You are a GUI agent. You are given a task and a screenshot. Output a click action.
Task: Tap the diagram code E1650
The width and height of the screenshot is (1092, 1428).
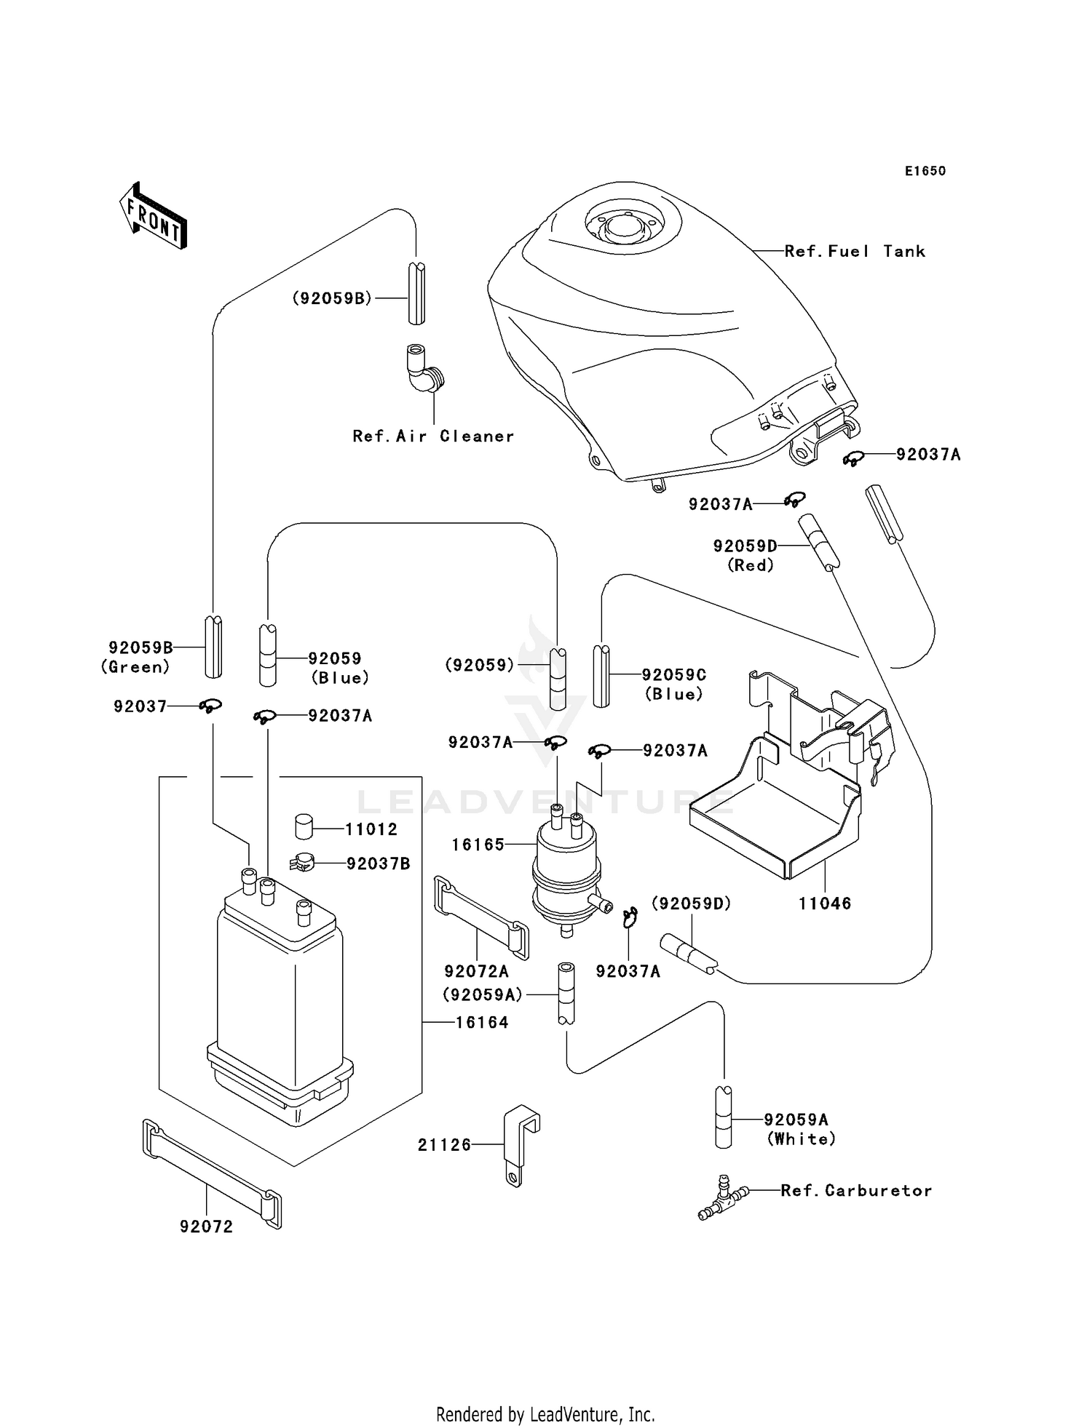pyautogui.click(x=925, y=171)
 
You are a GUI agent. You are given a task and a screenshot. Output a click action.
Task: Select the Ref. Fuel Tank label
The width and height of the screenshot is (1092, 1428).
pyautogui.click(x=855, y=252)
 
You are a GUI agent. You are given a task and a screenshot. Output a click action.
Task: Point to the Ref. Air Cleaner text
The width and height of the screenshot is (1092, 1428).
pyautogui.click(x=433, y=436)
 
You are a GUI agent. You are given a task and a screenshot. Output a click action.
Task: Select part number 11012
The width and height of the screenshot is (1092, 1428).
pyautogui.click(x=371, y=829)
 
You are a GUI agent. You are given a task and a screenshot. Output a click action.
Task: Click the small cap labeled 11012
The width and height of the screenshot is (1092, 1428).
pyautogui.click(x=304, y=827)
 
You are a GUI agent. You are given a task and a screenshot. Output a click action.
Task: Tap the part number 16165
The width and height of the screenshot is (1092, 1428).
pyautogui.click(x=478, y=845)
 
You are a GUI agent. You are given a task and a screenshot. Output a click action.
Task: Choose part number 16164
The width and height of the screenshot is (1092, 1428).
pyautogui.click(x=482, y=1023)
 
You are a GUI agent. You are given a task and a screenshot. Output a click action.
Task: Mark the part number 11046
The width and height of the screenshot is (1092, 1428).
pyautogui.click(x=824, y=904)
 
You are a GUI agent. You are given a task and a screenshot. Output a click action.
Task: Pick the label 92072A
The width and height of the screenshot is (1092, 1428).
pyautogui.click(x=476, y=972)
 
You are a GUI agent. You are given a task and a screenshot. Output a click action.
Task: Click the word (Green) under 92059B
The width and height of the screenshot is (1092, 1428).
pyautogui.click(x=136, y=667)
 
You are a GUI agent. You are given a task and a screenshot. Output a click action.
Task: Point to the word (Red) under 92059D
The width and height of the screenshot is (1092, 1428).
pyautogui.click(x=751, y=565)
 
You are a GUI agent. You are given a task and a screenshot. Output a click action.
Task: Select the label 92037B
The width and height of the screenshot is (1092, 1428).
pyautogui.click(x=378, y=864)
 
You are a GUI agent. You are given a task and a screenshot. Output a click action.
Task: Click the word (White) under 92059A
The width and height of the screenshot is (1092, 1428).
pyautogui.click(x=801, y=1139)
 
